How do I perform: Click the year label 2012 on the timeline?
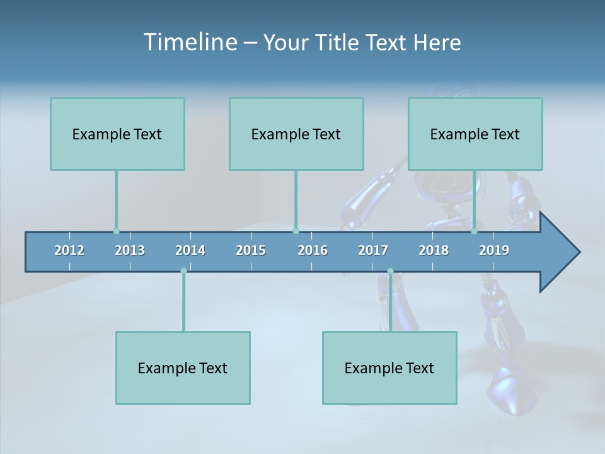pos(69,250)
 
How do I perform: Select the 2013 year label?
pos(130,250)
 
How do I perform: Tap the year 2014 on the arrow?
pos(190,250)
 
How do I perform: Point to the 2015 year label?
pos(251,250)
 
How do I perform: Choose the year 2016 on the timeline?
pos(313,250)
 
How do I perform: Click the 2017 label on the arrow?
pos(373,250)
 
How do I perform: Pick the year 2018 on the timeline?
pos(434,250)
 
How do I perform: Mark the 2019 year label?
pos(494,250)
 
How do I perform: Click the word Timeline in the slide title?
pos(189,42)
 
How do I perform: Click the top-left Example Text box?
pos(117,134)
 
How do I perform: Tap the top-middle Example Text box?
pos(296,134)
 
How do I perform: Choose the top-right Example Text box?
pos(475,134)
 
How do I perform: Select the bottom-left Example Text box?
pos(183,368)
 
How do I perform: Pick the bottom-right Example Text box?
pos(389,368)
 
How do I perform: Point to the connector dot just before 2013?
pos(116,231)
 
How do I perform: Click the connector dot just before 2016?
pos(296,231)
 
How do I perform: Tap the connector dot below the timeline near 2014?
pos(183,271)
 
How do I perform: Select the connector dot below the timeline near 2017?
pos(390,271)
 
